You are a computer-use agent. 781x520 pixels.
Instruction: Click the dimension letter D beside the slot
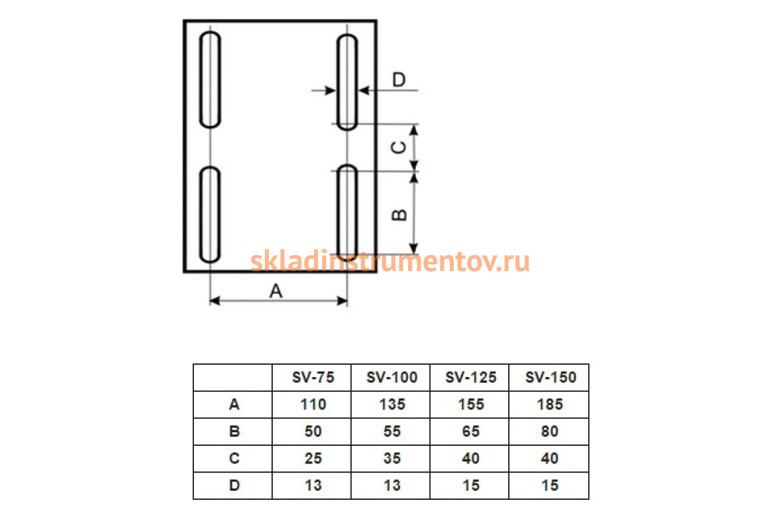[399, 79]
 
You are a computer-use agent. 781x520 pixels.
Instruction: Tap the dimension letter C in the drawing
[398, 148]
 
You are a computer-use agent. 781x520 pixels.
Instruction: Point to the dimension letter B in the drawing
[399, 215]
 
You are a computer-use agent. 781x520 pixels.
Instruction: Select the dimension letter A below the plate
[276, 291]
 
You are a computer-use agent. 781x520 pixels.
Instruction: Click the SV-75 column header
[313, 377]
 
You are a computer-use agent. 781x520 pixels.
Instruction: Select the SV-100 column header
[392, 377]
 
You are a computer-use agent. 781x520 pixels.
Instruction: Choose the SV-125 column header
[471, 377]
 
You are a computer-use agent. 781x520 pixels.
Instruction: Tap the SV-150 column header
[551, 377]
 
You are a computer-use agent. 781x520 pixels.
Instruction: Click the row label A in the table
[234, 404]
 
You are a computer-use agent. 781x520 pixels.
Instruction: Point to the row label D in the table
[234, 485]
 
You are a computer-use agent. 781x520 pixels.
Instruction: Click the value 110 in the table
[313, 404]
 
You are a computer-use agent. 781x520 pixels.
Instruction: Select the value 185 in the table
[550, 404]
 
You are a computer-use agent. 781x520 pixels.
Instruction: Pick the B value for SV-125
[471, 431]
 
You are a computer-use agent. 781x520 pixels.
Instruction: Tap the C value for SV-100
[392, 458]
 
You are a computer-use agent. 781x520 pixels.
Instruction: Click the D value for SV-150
[550, 485]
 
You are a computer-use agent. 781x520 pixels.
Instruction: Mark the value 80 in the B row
[550, 431]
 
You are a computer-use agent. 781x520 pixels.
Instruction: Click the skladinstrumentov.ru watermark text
[390, 261]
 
